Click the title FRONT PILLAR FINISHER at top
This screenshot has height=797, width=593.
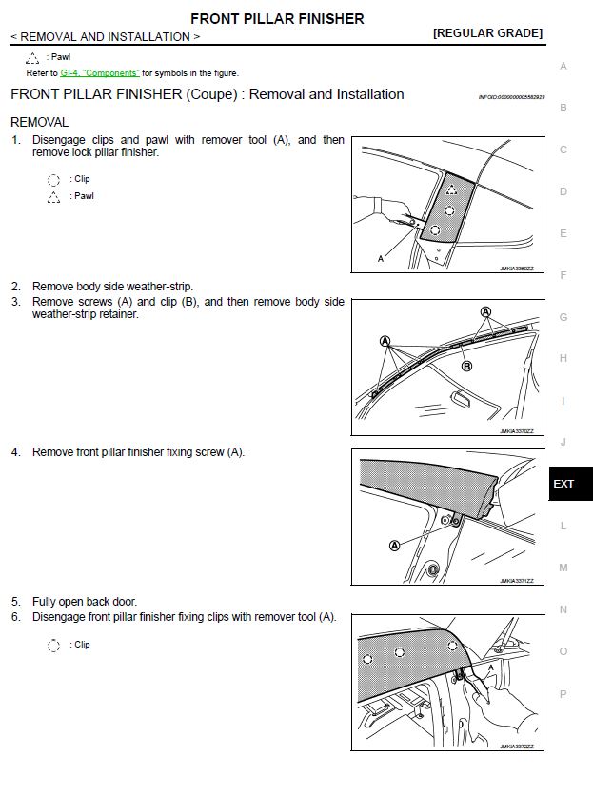point(277,18)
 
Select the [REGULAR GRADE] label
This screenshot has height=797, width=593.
point(487,33)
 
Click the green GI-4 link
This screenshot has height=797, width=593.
point(99,72)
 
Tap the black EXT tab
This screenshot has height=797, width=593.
point(563,484)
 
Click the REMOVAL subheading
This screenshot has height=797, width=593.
point(39,122)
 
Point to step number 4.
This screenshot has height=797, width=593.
point(15,451)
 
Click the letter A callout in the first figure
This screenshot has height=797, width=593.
point(382,258)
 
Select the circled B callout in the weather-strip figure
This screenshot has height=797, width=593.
point(467,366)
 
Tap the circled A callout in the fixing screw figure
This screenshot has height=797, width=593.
point(394,546)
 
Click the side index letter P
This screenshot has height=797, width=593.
point(563,694)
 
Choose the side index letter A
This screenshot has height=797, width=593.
point(563,66)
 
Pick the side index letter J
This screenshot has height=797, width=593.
point(563,442)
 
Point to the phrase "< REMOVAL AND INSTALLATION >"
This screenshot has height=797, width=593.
point(105,37)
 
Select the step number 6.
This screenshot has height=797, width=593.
point(15,616)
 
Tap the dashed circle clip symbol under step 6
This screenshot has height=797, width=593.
point(53,646)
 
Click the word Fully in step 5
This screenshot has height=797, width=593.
point(45,601)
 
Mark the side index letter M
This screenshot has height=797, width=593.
point(563,568)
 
